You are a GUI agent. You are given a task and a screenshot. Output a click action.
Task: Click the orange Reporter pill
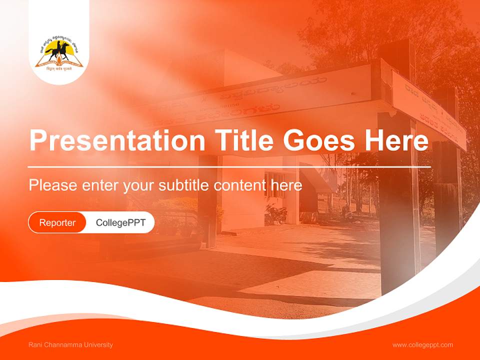[57, 222]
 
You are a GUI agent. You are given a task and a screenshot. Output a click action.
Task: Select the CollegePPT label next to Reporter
[120, 222]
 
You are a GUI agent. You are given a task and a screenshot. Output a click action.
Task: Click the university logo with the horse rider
[59, 55]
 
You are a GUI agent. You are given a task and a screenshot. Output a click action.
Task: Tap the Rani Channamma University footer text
[70, 345]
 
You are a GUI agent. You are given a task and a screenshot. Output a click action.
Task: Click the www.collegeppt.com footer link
[422, 345]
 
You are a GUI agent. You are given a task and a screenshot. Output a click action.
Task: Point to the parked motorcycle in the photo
[275, 214]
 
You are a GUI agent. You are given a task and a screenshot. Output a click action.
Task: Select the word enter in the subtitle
[100, 185]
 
